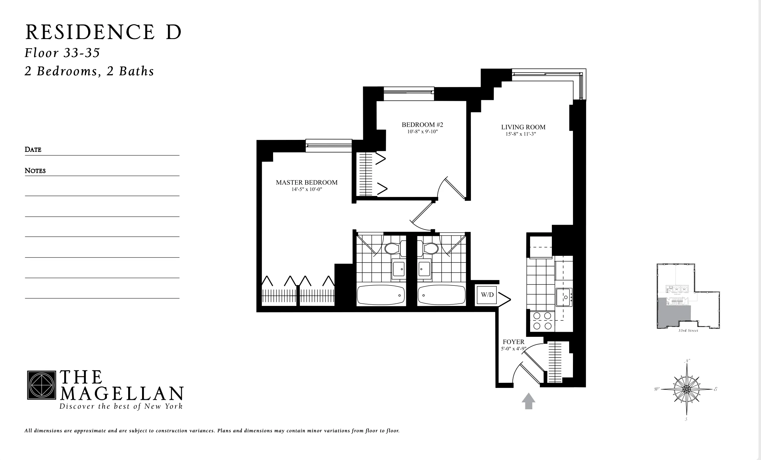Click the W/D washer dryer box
pyautogui.click(x=487, y=295)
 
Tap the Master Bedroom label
pyautogui.click(x=306, y=182)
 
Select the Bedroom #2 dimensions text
pyautogui.click(x=422, y=132)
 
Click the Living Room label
pyautogui.click(x=523, y=127)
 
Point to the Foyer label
pyautogui.click(x=513, y=342)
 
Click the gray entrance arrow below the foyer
pyautogui.click(x=529, y=401)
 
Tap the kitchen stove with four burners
pyautogui.click(x=542, y=321)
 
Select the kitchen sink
pyautogui.click(x=564, y=297)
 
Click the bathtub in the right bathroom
pyautogui.click(x=441, y=295)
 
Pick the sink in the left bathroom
pyautogui.click(x=398, y=269)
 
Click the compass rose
pyautogui.click(x=686, y=389)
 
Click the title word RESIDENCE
pyautogui.click(x=90, y=32)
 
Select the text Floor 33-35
pyautogui.click(x=62, y=53)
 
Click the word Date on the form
pyautogui.click(x=33, y=150)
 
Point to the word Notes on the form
pyautogui.click(x=35, y=171)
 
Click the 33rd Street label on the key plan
pyautogui.click(x=688, y=331)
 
